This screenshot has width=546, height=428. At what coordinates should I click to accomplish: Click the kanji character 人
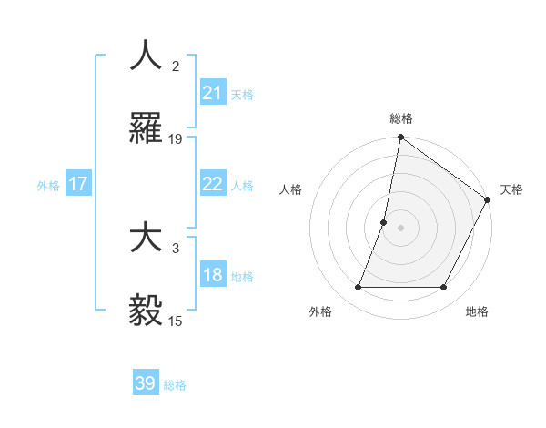(x=146, y=56)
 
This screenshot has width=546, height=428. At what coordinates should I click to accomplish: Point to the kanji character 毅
(x=146, y=310)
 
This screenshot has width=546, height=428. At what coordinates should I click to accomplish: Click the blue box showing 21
(x=212, y=93)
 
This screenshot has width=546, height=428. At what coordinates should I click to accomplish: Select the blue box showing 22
(x=212, y=184)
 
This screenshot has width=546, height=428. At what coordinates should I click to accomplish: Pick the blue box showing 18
(x=212, y=276)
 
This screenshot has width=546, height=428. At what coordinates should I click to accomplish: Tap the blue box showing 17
(x=78, y=184)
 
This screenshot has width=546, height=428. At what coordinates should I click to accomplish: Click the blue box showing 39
(x=146, y=383)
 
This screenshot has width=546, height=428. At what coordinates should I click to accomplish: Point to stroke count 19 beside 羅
(x=176, y=139)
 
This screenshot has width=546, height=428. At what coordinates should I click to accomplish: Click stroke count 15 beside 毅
(x=176, y=321)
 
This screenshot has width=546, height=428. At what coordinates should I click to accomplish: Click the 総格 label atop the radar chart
(x=400, y=119)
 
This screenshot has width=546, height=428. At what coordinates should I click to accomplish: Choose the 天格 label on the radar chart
(x=511, y=189)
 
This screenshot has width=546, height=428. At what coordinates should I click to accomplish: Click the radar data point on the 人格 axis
(x=384, y=222)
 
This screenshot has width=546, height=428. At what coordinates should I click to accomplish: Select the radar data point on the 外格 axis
(x=358, y=288)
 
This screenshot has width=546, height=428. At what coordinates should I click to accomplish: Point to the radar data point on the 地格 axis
(x=444, y=288)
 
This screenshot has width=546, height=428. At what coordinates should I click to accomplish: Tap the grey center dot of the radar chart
(x=400, y=228)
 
